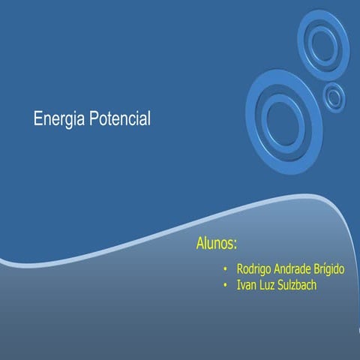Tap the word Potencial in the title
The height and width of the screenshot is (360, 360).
[x=120, y=118]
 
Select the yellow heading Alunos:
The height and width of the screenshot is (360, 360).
[x=217, y=244]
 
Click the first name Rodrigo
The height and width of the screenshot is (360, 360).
[x=254, y=268]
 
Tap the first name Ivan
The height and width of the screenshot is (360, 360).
[x=245, y=285]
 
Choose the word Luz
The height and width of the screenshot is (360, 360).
[x=268, y=285]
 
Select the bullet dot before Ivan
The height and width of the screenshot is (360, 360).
[x=226, y=286]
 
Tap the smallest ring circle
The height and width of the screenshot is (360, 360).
[x=334, y=96]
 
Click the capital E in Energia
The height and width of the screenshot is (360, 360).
[x=37, y=118]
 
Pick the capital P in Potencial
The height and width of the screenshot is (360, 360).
[x=94, y=118]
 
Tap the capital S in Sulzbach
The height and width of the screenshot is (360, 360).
[x=283, y=285]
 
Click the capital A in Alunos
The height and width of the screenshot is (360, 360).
[x=200, y=244]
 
